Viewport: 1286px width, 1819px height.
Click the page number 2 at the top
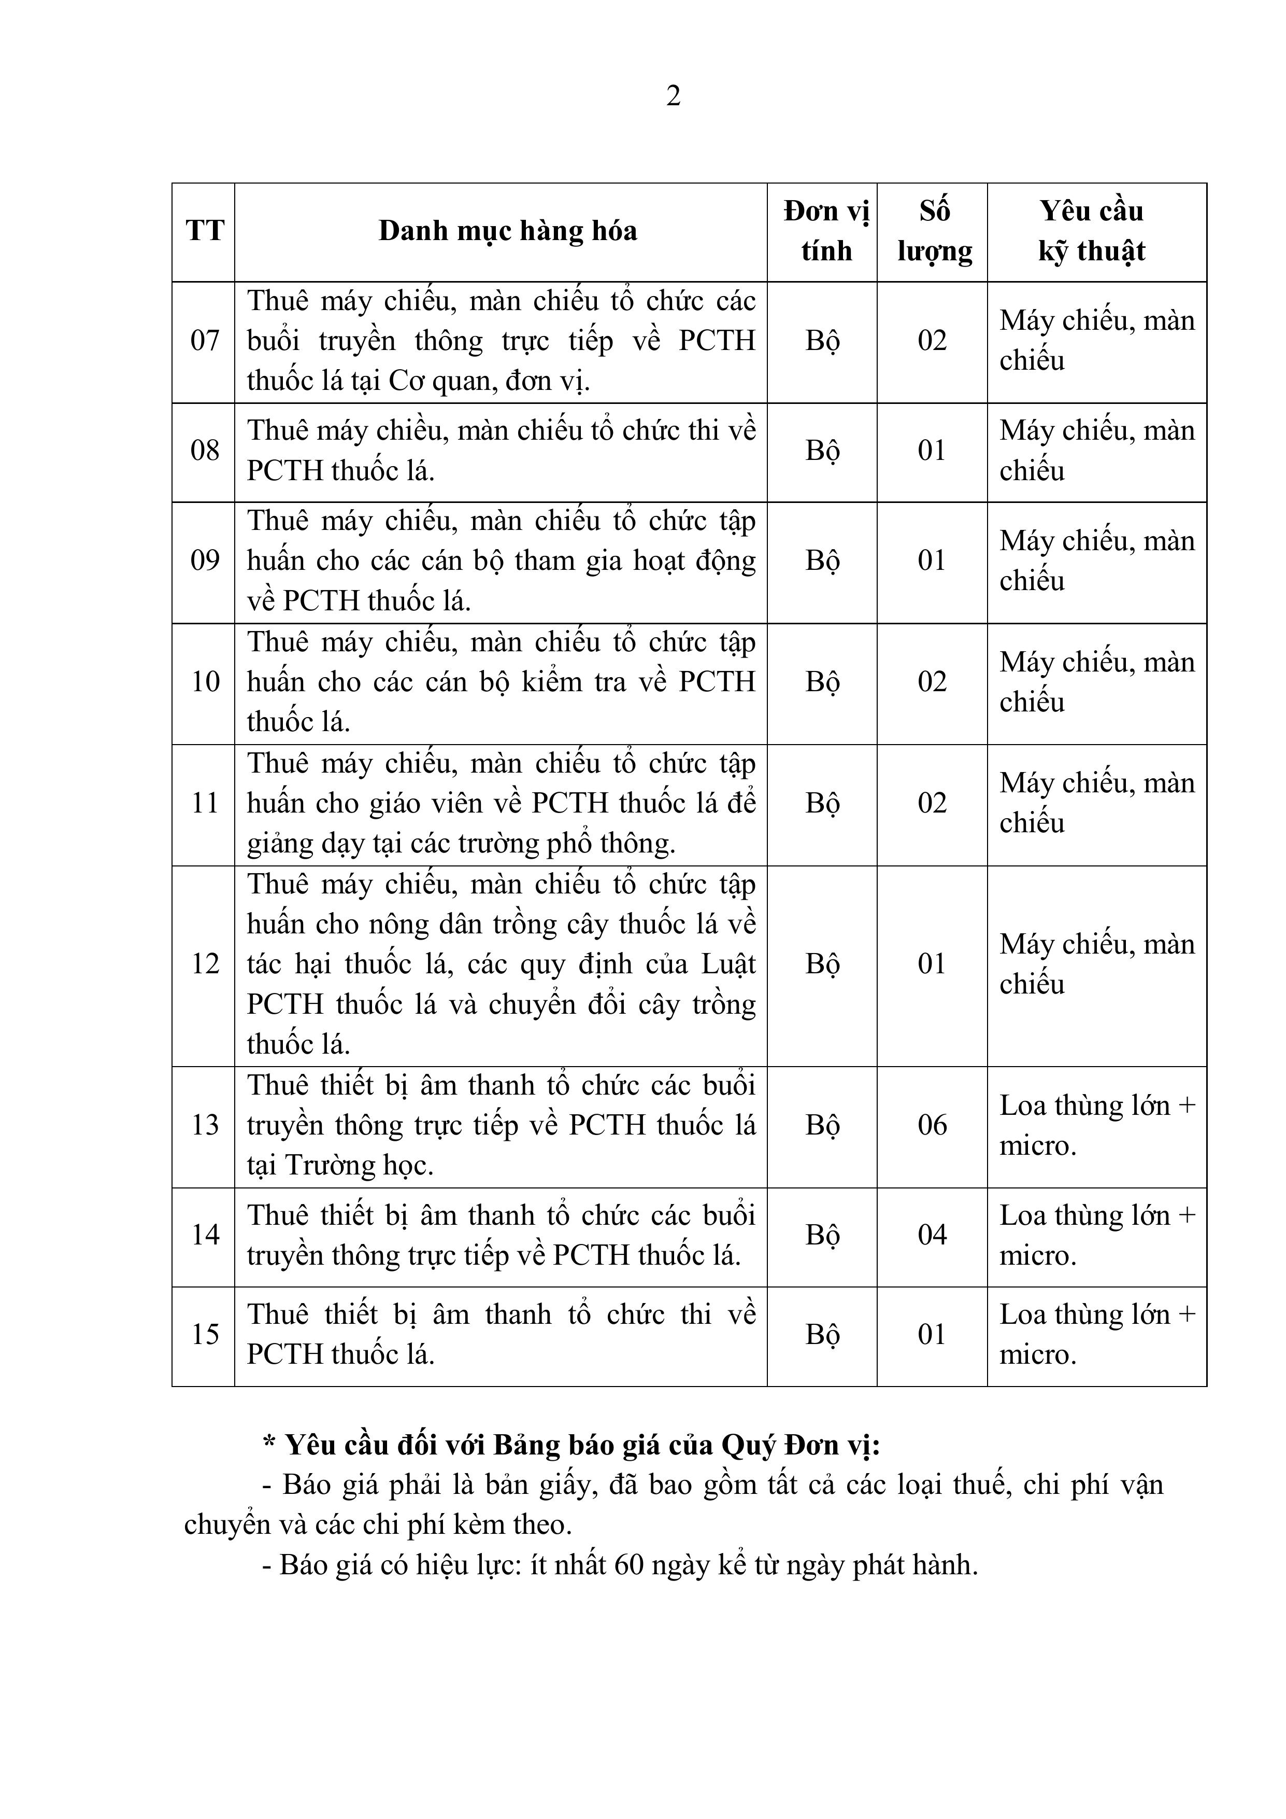(x=673, y=96)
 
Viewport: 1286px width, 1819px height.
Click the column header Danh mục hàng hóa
(x=508, y=231)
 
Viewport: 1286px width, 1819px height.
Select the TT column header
(x=204, y=231)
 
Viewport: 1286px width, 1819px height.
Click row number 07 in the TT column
(x=204, y=341)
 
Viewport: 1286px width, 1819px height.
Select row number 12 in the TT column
(x=204, y=964)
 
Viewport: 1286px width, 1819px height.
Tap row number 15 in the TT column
(x=204, y=1334)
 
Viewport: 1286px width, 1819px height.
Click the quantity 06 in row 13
(x=932, y=1125)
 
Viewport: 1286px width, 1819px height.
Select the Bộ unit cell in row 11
(x=822, y=803)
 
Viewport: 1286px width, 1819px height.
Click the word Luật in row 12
(x=728, y=964)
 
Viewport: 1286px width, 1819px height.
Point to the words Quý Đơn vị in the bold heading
(x=800, y=1445)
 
